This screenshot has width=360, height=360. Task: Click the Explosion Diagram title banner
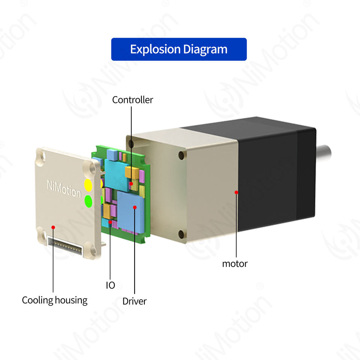point(179,49)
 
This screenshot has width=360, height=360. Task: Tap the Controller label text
point(133,100)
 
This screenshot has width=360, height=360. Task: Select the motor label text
point(235,264)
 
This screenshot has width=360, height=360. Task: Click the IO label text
point(110,285)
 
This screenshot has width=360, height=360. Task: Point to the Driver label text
point(135,301)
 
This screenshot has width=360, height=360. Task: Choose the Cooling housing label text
point(54,300)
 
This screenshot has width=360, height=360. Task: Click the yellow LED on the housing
point(88,184)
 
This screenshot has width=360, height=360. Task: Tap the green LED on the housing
point(88,201)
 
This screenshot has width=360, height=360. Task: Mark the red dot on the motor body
point(236,192)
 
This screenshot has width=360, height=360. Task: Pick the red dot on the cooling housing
point(53,227)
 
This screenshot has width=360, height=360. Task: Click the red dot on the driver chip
point(135,207)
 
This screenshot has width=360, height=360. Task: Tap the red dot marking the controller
point(131,184)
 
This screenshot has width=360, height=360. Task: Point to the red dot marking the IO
point(110,222)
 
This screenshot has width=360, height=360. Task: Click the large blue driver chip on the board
point(130,210)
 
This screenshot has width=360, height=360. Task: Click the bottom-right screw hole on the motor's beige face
point(181,234)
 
